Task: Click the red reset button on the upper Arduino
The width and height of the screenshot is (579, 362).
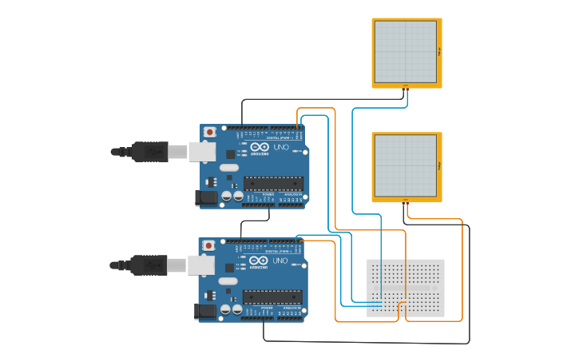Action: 210,132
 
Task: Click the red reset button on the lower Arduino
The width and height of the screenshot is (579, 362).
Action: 209,245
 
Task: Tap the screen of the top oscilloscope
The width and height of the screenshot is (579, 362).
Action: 406,51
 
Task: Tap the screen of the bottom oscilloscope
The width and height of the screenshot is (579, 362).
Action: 406,165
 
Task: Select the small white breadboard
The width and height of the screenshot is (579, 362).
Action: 406,288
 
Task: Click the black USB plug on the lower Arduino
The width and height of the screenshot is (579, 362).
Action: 149,265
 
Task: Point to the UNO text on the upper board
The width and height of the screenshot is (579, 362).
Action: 281,147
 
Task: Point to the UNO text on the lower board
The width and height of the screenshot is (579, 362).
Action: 280,261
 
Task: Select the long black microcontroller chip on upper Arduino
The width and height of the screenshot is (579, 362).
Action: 274,184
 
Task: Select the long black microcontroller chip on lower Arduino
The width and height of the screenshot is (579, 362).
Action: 273,297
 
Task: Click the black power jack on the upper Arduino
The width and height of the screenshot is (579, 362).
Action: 206,197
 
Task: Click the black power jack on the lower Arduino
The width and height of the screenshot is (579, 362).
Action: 205,311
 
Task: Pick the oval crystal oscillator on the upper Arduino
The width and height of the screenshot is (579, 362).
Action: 228,168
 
